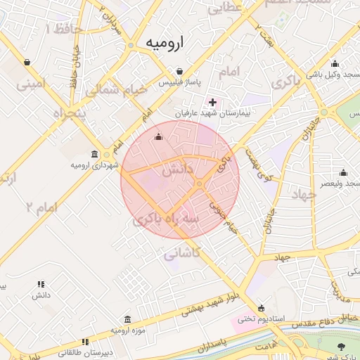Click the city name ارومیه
click(x=164, y=43)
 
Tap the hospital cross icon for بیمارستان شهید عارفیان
click(x=213, y=102)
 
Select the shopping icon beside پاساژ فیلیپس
click(x=181, y=72)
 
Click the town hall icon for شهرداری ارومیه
click(x=95, y=154)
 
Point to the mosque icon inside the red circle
click(x=158, y=136)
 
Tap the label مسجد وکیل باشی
click(x=332, y=75)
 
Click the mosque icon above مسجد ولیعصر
click(x=343, y=172)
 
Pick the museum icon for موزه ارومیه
click(x=127, y=319)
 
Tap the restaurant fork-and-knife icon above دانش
click(x=41, y=285)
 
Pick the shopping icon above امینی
click(x=27, y=62)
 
